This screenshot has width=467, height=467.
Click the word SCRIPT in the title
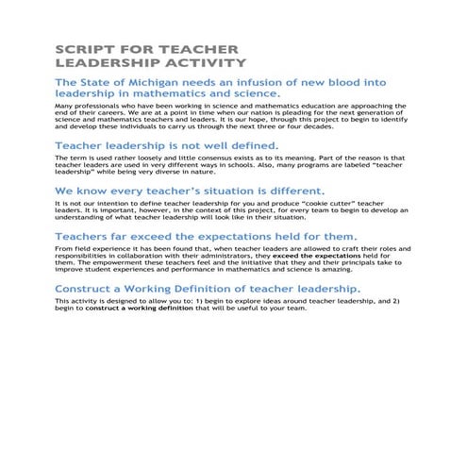pos(82,48)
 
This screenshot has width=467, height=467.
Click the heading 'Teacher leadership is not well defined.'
pos(167,146)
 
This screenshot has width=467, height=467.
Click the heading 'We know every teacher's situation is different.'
pos(190,190)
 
